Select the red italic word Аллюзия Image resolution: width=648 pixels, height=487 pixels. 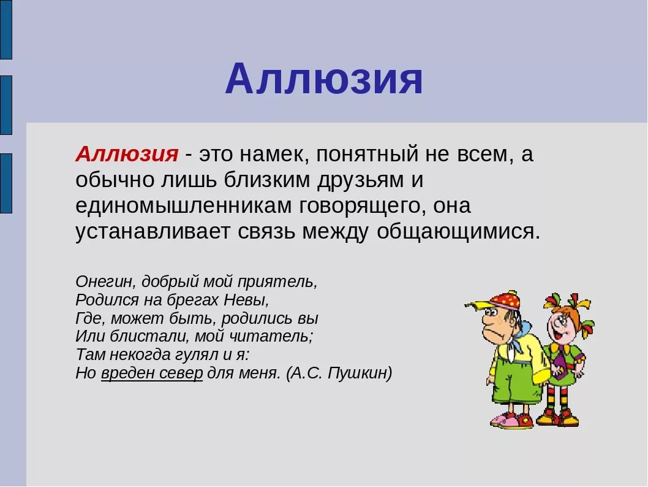127,154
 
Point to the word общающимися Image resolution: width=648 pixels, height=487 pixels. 458,232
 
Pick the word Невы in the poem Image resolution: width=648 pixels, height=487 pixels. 246,299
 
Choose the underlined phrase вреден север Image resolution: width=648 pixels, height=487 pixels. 152,373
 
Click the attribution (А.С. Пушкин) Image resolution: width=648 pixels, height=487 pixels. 339,373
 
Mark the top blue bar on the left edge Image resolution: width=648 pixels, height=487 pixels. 6,29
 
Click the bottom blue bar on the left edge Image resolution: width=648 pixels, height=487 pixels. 6,183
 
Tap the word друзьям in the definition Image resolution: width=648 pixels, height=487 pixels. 361,180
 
